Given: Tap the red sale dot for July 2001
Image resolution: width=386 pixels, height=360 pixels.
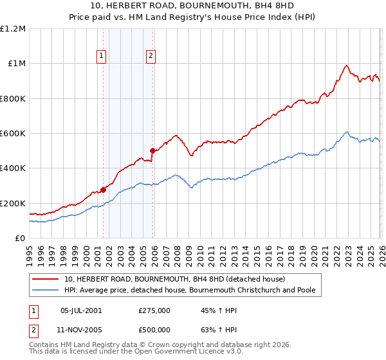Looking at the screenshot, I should (x=103, y=190).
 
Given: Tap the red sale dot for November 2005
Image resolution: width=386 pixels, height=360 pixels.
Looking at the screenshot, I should (x=153, y=151).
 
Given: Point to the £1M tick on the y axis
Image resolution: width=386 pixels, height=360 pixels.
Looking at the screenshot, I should (x=17, y=64).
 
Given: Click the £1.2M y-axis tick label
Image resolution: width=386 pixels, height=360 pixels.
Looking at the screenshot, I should (x=13, y=29).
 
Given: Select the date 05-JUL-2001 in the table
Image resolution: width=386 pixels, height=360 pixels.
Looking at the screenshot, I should (x=81, y=310).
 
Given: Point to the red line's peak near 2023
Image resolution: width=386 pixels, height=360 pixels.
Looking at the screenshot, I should (x=346, y=65).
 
